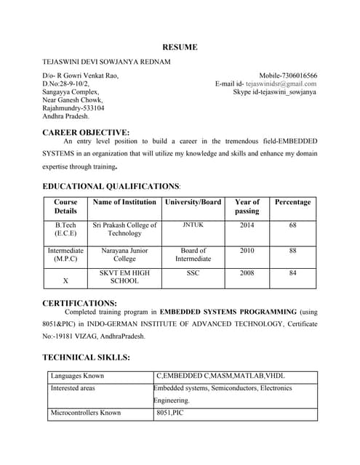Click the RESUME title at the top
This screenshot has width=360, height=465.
(180, 47)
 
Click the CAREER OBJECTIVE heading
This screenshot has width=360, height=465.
(86, 132)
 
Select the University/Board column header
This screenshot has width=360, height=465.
(193, 202)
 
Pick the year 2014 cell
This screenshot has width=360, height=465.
(247, 225)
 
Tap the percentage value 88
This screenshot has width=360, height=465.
(292, 251)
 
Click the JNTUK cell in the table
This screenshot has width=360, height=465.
(193, 225)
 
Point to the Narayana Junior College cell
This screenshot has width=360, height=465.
(124, 254)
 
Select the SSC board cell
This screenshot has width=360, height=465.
(193, 273)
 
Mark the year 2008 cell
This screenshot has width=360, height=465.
(247, 273)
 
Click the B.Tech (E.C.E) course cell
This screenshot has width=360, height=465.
(65, 230)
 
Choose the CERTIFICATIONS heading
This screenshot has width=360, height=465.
(80, 303)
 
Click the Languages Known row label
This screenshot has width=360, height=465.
(77, 376)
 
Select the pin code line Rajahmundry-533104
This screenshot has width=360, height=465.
(73, 108)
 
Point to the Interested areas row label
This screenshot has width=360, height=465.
(73, 388)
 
